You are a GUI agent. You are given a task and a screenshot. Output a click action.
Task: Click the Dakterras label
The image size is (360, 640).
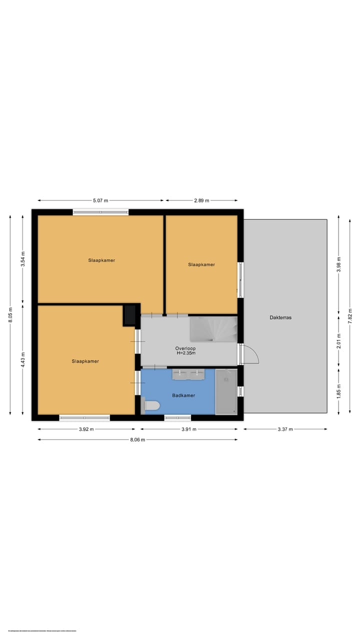[x=280, y=317]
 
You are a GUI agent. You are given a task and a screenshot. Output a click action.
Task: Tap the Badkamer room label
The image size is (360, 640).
[x=183, y=395]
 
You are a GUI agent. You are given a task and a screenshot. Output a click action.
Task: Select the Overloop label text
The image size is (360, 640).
[x=185, y=348]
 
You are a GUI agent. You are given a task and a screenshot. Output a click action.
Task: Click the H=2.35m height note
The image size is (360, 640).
[x=185, y=353]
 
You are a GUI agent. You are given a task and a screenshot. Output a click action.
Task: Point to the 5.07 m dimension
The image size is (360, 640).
[x=100, y=200]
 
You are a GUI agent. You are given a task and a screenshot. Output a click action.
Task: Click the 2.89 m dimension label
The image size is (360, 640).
[x=201, y=200]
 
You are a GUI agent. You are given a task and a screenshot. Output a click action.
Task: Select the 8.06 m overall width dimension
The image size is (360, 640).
[x=137, y=440]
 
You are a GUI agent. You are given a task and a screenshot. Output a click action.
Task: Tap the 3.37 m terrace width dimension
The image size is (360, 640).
[x=285, y=429]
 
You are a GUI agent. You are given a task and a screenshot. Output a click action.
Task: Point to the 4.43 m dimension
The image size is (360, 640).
[x=22, y=360]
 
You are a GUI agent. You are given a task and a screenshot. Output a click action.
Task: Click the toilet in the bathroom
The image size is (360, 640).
[x=150, y=405]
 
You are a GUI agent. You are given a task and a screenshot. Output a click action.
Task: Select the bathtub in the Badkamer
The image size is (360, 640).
[x=226, y=392]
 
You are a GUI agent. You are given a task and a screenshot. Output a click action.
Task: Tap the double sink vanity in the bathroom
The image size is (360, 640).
[x=188, y=373]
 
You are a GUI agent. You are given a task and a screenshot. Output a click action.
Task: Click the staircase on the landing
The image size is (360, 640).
[x=213, y=329]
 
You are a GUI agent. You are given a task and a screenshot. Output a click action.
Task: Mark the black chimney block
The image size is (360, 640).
[x=130, y=315]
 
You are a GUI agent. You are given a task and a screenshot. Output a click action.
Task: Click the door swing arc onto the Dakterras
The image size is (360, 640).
[x=251, y=354]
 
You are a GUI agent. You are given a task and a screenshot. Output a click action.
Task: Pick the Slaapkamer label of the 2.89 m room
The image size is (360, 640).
[x=201, y=264]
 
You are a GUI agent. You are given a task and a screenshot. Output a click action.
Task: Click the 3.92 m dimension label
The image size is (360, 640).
[x=86, y=429]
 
